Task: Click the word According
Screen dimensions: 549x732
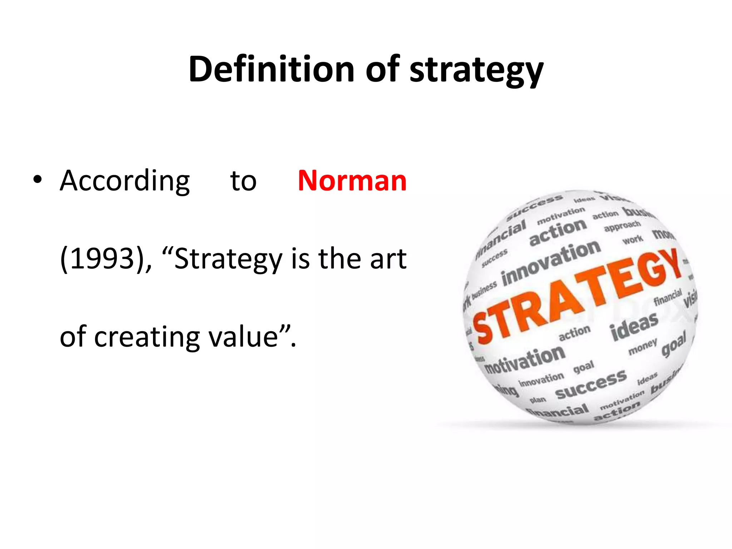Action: click(125, 181)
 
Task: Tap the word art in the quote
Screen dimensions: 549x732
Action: click(388, 259)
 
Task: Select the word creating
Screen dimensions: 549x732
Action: click(147, 337)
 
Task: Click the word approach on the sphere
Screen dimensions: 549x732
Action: click(622, 226)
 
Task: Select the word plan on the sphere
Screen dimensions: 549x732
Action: click(538, 400)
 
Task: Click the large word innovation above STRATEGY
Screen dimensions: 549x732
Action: click(551, 263)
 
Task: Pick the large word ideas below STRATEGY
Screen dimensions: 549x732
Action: click(634, 326)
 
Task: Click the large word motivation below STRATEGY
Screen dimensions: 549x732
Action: click(525, 360)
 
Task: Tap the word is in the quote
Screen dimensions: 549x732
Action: click(300, 259)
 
